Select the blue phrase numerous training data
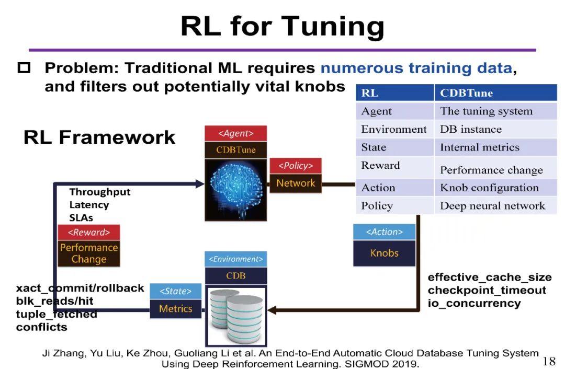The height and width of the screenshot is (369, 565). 416,68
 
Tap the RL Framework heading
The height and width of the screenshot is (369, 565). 99,137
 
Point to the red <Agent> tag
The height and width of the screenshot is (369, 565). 235,133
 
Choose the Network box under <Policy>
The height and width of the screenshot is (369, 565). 296,183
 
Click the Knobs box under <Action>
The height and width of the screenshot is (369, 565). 385,253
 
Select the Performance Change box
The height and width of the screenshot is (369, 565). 89,253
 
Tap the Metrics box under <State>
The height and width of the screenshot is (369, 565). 175,308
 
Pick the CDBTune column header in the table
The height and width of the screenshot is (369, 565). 466,94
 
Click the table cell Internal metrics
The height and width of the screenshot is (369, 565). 479,147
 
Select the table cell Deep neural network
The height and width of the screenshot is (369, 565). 492,205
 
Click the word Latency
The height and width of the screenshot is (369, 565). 89,205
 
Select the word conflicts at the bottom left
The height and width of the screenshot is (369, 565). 41,327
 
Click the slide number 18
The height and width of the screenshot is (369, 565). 549,361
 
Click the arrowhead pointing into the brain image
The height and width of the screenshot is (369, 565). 199,184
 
